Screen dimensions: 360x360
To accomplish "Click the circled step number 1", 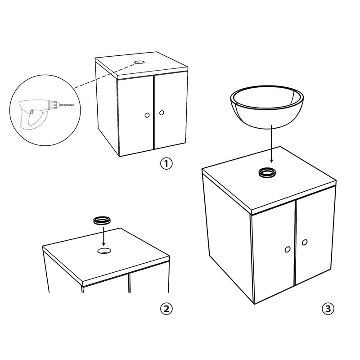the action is click(x=166, y=164).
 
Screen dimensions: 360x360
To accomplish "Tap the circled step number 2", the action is click(x=166, y=309).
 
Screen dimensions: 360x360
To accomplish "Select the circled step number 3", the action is click(x=328, y=309).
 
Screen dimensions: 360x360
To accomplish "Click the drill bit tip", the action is click(x=73, y=105).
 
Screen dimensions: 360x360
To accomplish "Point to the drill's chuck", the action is click(x=54, y=105).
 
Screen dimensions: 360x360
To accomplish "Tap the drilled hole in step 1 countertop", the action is click(x=139, y=62).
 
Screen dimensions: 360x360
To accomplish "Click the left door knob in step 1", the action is click(x=147, y=115).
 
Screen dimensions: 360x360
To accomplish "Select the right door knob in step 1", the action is click(x=162, y=113).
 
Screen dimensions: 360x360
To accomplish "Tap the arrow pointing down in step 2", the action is click(x=103, y=236).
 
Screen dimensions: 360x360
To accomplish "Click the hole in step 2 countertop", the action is click(x=104, y=251).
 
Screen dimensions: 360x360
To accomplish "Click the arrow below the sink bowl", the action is click(x=271, y=144).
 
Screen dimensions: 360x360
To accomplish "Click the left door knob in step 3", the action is click(x=287, y=249).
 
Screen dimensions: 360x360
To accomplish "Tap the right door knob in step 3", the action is click(x=305, y=242).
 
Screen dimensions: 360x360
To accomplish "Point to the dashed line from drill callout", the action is click(x=104, y=76).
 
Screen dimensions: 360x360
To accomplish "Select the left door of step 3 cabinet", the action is click(x=273, y=252).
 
